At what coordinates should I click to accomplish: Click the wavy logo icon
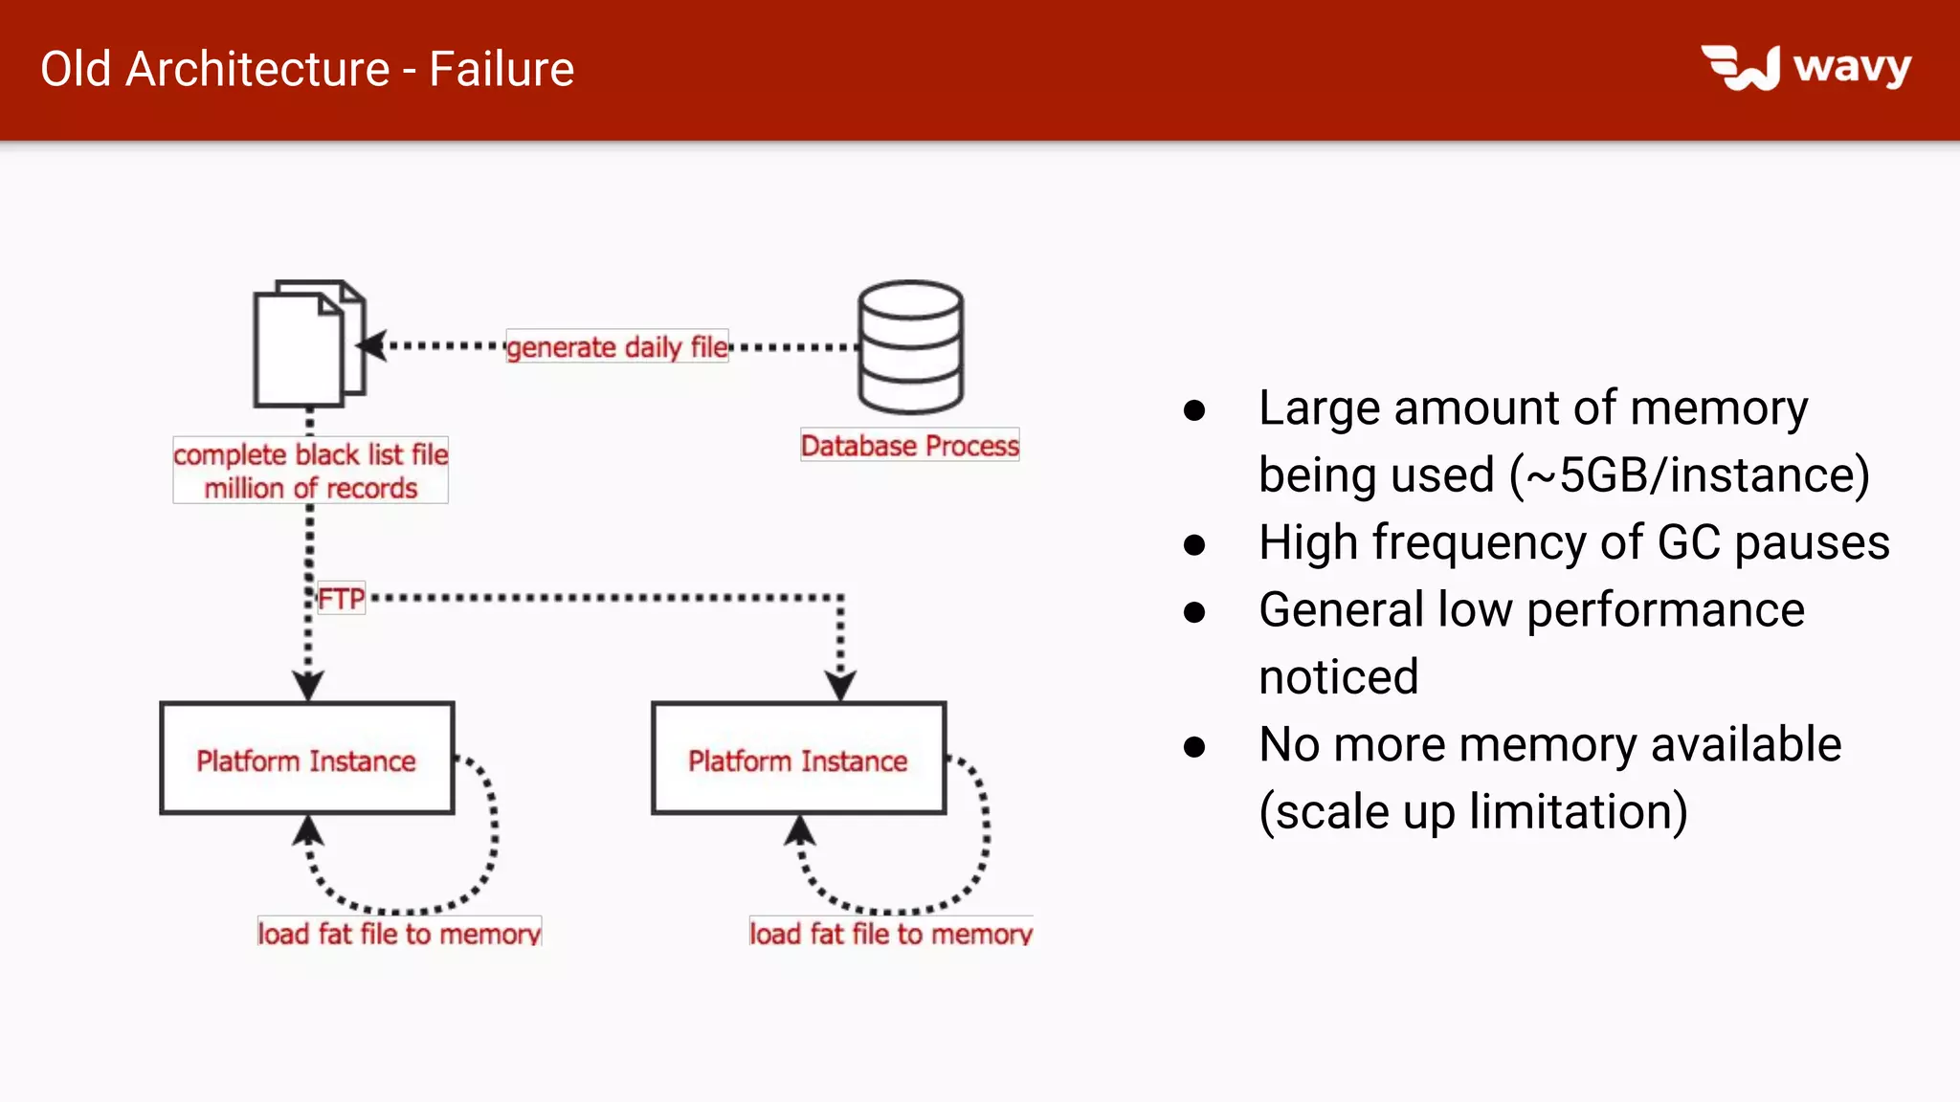1741,68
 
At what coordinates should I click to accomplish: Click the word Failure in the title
501,70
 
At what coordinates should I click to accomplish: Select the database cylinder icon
910,346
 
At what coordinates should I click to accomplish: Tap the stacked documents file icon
308,344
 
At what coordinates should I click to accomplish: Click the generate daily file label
617,346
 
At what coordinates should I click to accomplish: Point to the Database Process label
909,446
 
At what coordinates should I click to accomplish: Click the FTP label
342,599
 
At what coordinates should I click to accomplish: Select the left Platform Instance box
307,759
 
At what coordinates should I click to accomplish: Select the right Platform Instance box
798,759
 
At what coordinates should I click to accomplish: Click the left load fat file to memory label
399,933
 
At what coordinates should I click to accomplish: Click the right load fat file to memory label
890,933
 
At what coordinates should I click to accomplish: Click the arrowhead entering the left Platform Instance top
308,686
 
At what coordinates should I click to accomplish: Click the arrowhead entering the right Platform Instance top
840,686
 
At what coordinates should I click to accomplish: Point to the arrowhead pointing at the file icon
372,345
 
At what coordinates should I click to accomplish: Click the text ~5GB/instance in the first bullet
1689,475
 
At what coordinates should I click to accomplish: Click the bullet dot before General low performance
1193,612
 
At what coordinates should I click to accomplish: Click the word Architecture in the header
257,70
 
